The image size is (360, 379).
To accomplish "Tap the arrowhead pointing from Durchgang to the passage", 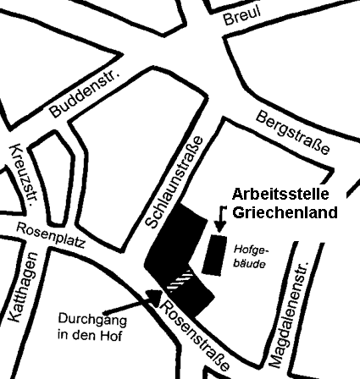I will tap(155, 296).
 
